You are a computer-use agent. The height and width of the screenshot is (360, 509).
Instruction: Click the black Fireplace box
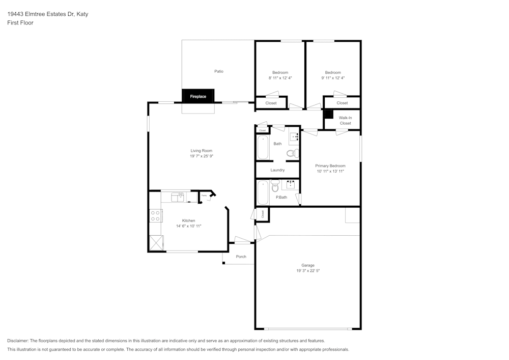pos(198,96)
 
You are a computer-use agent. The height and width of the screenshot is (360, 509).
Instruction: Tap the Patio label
pos(218,71)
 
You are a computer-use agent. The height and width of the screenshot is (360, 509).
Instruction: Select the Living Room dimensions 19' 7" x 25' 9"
pos(201,156)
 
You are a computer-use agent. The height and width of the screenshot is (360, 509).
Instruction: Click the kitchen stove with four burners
pos(155,215)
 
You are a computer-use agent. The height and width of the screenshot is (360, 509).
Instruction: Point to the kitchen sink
pos(178,196)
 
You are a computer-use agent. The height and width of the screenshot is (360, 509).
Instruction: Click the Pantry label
pos(204,196)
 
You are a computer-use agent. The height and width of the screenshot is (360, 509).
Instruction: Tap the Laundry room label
pos(277,170)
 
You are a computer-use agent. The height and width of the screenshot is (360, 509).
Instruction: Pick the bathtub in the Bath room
pos(263,147)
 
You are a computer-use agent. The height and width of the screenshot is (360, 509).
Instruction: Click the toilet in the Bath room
pos(292,152)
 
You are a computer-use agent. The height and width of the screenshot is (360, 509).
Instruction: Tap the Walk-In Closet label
pos(345,120)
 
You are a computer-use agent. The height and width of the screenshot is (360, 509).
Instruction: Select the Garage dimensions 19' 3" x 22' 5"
pos(307,271)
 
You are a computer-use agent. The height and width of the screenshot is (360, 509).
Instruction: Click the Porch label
pos(241,257)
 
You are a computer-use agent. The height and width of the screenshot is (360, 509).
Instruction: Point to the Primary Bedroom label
pos(330,166)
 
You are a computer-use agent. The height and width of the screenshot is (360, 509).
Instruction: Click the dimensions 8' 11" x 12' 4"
pos(280,78)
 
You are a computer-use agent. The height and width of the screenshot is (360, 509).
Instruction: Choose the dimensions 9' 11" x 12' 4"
pos(333,78)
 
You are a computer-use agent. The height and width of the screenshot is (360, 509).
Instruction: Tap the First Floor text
pos(20,23)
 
